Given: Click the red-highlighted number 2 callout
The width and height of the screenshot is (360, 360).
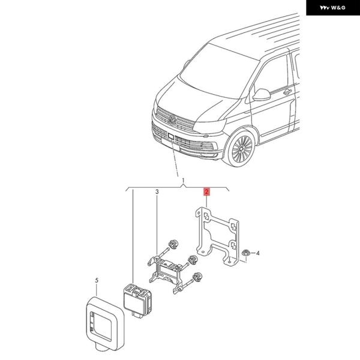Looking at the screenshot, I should (x=206, y=192).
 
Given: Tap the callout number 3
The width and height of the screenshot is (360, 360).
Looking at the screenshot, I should (x=157, y=192).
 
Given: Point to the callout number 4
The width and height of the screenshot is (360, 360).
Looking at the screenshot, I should (x=258, y=253).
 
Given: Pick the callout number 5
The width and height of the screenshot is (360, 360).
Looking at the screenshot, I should (x=97, y=280).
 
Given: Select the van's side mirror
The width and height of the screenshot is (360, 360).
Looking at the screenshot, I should (x=262, y=94).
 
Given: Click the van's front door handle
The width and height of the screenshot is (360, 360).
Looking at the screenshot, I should (x=287, y=92).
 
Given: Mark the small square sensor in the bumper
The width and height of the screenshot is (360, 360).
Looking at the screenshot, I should (x=170, y=137).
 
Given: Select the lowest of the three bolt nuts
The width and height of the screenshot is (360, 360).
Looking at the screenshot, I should (x=198, y=276).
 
